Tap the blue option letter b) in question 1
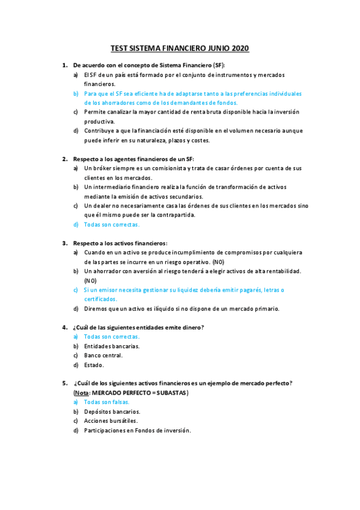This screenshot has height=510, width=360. click(76, 94)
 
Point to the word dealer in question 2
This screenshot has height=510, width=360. click(104, 206)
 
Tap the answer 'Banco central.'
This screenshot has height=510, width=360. click(103, 355)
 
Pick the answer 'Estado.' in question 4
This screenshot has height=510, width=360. click(94, 364)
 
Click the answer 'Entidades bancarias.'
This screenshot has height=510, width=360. click(112, 346)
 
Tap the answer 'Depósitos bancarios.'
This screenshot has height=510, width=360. click(112, 411)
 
